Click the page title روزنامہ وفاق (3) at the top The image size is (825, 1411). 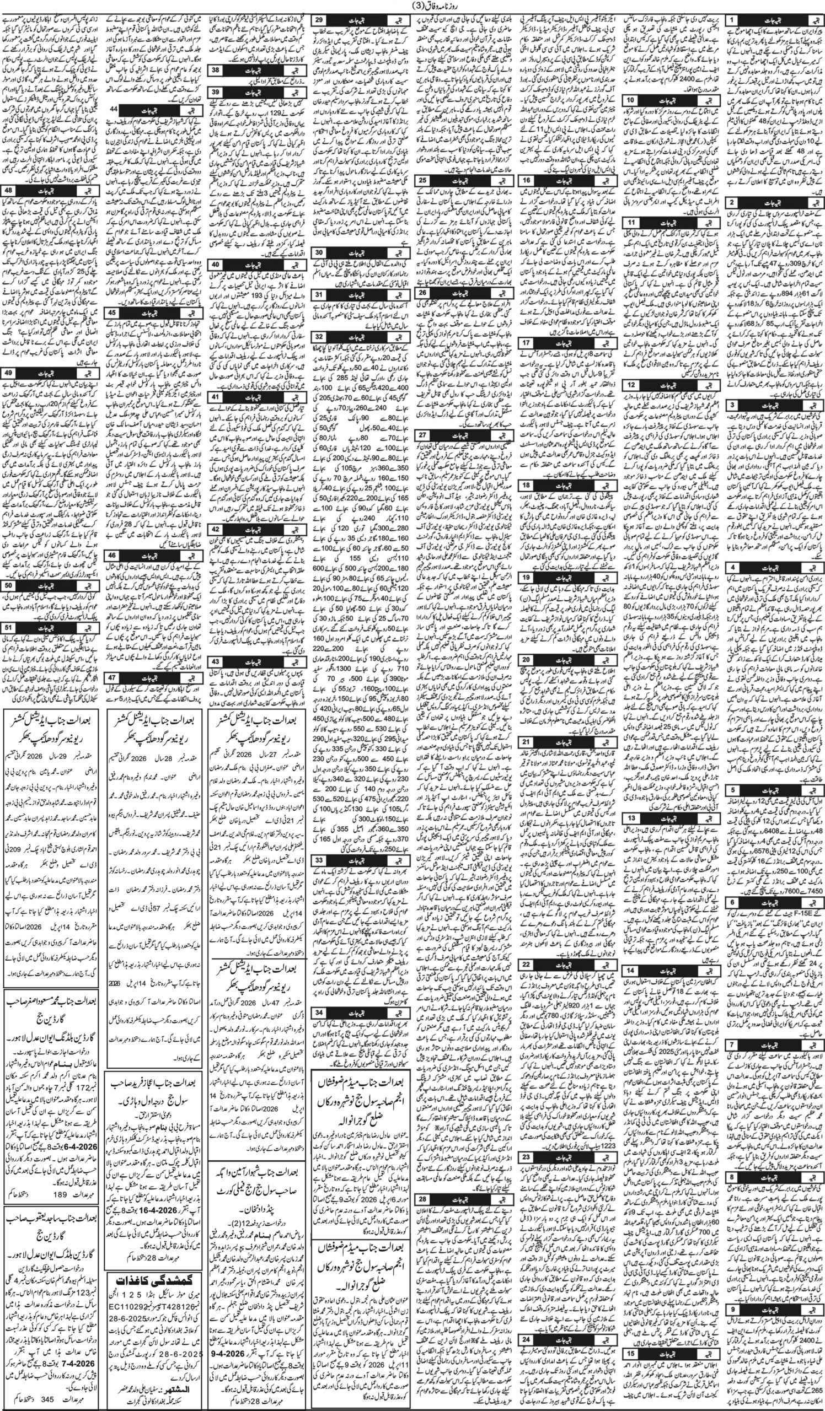click(412, 6)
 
